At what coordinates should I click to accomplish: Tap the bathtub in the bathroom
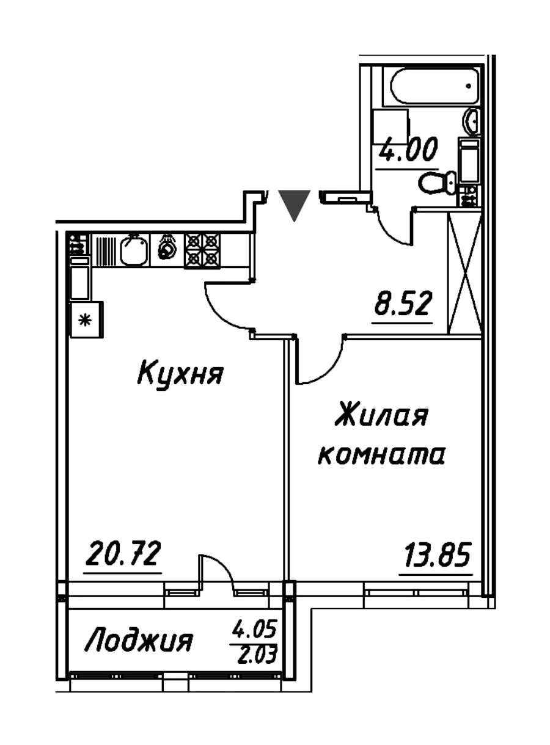(x=431, y=87)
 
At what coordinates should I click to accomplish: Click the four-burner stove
(x=202, y=251)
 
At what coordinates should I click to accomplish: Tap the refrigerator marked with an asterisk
(x=86, y=320)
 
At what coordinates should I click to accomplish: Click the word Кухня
(x=180, y=374)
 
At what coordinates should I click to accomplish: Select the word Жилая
(x=381, y=418)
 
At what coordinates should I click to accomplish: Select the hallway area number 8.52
(x=403, y=303)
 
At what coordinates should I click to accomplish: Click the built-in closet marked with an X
(x=464, y=273)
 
